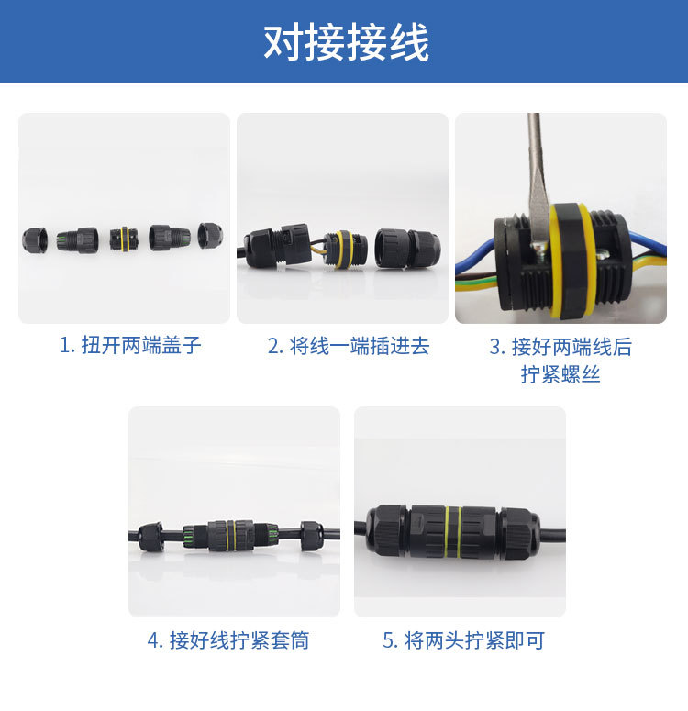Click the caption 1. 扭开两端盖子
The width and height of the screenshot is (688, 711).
click(x=130, y=346)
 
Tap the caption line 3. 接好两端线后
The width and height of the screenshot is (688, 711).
click(x=560, y=347)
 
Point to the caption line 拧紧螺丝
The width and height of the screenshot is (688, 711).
click(x=560, y=374)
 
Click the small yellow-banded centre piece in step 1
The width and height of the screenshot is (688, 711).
click(x=120, y=240)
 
